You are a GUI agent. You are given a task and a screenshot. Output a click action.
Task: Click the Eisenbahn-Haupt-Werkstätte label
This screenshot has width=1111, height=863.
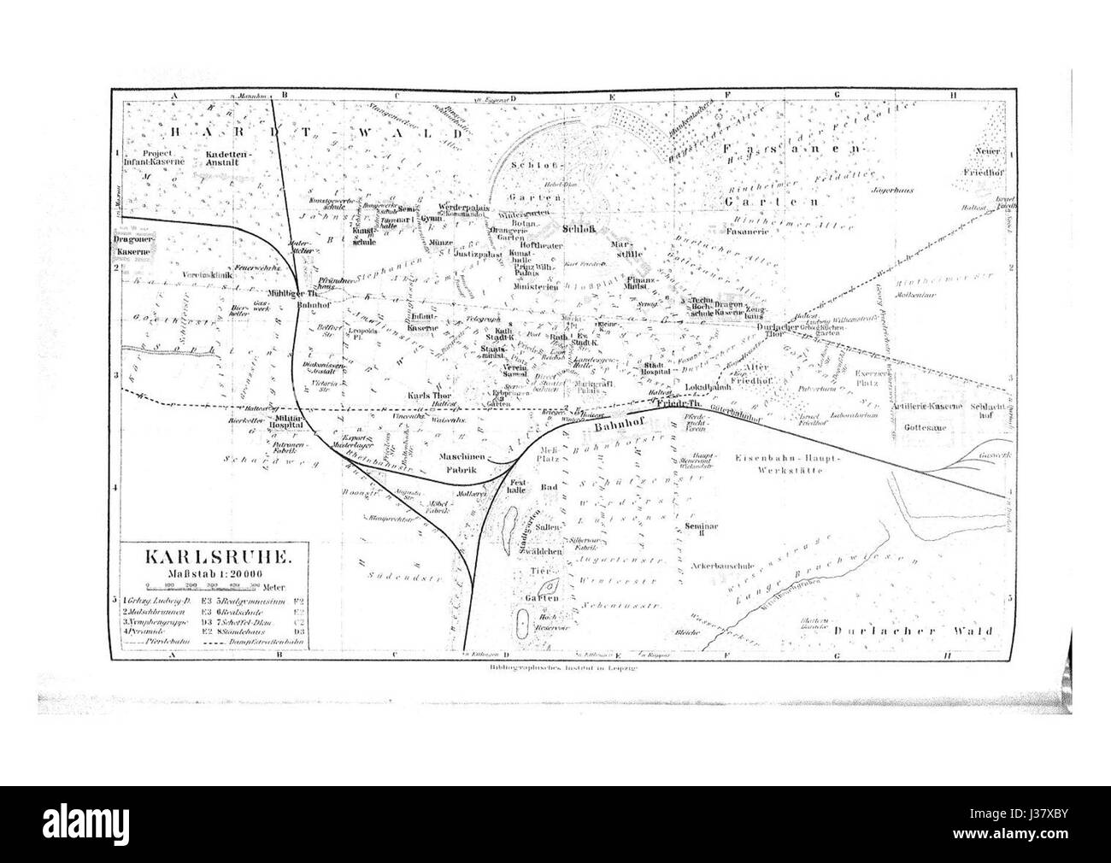click(788, 464)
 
